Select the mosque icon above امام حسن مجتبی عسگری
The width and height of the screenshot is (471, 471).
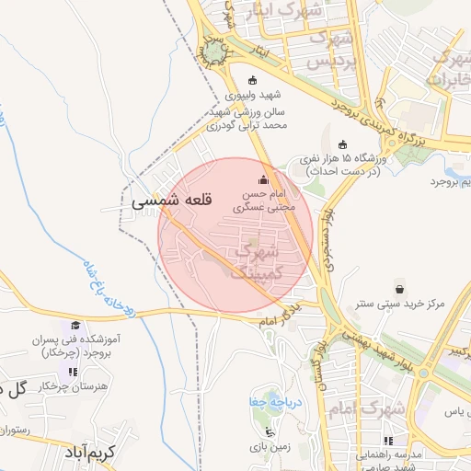[x=266, y=179]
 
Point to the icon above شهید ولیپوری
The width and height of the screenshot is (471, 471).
[x=255, y=79]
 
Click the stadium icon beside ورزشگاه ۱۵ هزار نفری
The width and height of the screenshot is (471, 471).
[x=343, y=144]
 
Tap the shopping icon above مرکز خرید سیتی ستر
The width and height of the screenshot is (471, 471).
[x=398, y=286]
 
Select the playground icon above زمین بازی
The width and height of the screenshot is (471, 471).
[x=269, y=431]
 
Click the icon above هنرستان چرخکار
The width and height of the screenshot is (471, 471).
[x=71, y=371]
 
